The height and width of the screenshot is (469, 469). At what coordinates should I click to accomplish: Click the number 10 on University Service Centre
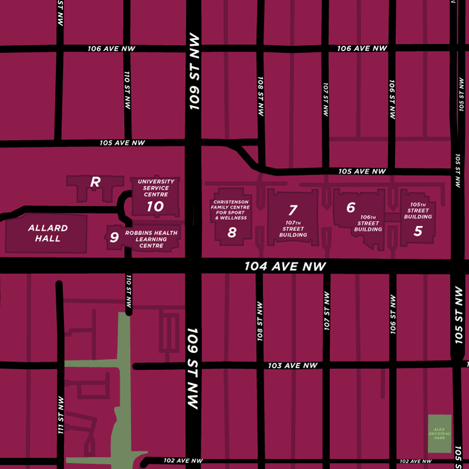tap(155, 206)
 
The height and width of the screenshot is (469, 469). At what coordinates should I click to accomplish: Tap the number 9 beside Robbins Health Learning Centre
tap(114, 237)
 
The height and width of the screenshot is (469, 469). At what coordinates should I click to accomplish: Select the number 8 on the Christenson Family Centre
tap(232, 232)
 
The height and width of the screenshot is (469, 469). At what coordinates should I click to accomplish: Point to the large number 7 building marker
tap(293, 210)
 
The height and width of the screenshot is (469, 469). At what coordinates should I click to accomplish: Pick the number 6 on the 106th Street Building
tap(351, 207)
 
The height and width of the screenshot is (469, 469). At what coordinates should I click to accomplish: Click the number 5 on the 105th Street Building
tap(417, 230)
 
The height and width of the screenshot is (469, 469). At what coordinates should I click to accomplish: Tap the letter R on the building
tap(95, 182)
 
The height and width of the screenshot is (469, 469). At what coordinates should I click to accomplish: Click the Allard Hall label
tap(48, 233)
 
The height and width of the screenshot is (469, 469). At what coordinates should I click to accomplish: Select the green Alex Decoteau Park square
tap(440, 434)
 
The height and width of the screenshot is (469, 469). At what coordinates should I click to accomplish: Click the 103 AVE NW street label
tap(293, 366)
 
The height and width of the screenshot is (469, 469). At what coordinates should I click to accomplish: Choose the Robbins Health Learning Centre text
tap(151, 239)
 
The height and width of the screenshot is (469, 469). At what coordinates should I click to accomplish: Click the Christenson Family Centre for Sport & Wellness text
tap(231, 209)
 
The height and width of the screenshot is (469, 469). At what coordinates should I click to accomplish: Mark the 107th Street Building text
tap(293, 229)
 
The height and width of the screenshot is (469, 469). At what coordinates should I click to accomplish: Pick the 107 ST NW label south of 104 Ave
tap(327, 311)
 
